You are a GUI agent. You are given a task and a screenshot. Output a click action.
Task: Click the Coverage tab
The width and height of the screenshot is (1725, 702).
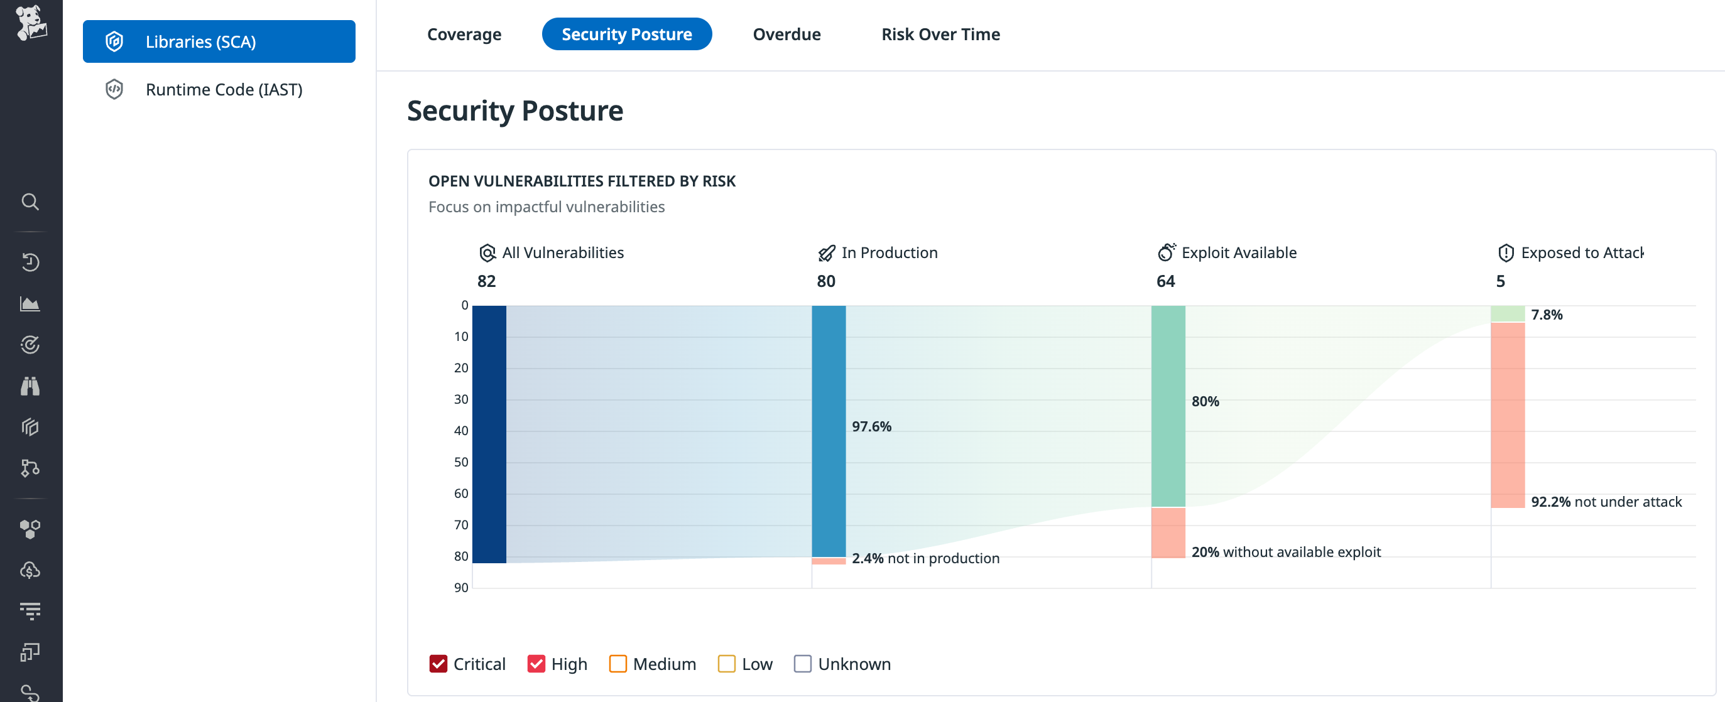tap(464, 34)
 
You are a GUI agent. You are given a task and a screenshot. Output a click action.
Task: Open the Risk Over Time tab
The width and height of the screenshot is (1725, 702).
tap(940, 34)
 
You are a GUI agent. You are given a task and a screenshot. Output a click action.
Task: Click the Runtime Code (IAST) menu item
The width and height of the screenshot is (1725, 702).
tap(224, 90)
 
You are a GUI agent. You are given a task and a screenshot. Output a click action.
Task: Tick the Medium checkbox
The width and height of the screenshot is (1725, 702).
tap(618, 663)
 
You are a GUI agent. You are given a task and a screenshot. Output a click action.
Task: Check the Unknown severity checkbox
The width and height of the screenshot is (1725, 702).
tap(802, 663)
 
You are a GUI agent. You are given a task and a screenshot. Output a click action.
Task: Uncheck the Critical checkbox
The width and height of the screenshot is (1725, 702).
tap(438, 663)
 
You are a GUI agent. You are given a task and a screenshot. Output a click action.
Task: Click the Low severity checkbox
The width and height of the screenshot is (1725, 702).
tap(726, 663)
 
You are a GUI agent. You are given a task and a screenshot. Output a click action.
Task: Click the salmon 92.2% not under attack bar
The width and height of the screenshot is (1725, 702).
tap(1508, 415)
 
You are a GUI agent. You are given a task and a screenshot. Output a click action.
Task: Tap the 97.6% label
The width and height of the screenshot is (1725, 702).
tap(871, 426)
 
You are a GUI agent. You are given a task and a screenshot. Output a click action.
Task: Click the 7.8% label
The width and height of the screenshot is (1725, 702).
tap(1546, 315)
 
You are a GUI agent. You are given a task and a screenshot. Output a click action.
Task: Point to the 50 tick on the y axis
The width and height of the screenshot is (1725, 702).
tap(460, 462)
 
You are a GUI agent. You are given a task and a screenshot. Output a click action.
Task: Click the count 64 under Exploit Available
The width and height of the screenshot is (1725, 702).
tap(1165, 281)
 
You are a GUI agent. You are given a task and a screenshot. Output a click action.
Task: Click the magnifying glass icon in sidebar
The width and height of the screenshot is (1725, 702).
tap(30, 202)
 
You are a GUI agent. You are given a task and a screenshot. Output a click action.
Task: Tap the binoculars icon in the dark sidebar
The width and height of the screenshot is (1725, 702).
tap(30, 386)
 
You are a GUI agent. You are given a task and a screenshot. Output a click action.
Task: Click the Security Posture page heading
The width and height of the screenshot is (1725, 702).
tap(515, 111)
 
